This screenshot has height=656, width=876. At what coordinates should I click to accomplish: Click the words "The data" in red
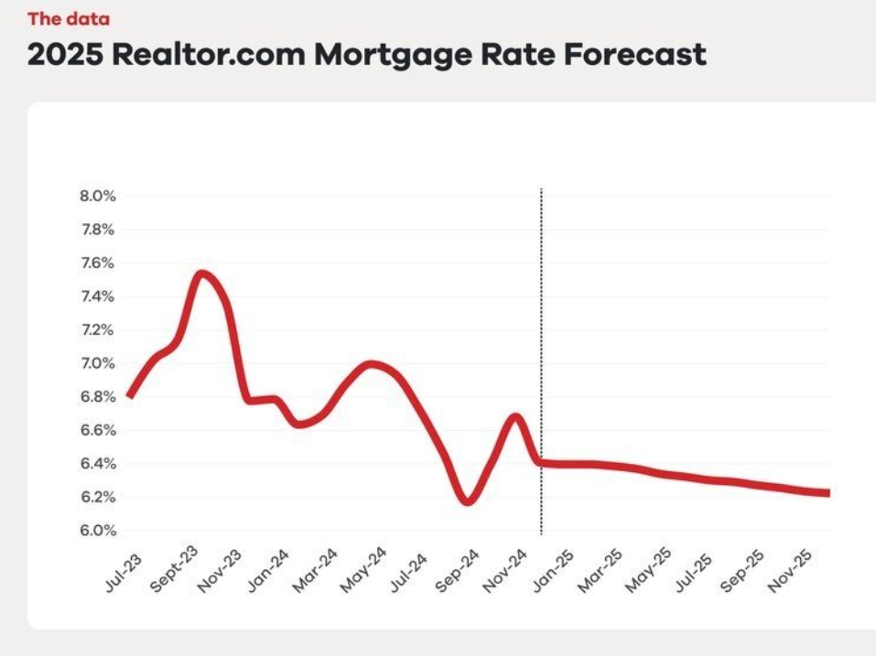point(69,18)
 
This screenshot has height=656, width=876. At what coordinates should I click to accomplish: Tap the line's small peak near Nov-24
point(516,417)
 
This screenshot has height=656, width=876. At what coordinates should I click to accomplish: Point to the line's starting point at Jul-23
point(130,396)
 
